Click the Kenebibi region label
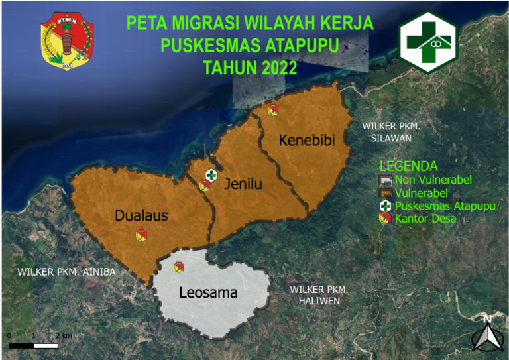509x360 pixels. [x=306, y=141]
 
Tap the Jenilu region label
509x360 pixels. [x=243, y=184]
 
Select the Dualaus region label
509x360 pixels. [x=141, y=215]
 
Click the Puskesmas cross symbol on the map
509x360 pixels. [x=211, y=175]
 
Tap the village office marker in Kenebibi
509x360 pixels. [x=272, y=110]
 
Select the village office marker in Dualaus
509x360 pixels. [x=141, y=235]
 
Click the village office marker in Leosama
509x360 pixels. [x=178, y=267]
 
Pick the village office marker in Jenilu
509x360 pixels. [x=205, y=186]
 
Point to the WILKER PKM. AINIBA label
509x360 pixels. [x=66, y=272]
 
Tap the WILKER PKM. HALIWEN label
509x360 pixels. [x=319, y=296]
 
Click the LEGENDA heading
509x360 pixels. [x=408, y=166]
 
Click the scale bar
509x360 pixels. [x=33, y=345]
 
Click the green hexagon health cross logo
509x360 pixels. [x=428, y=41]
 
